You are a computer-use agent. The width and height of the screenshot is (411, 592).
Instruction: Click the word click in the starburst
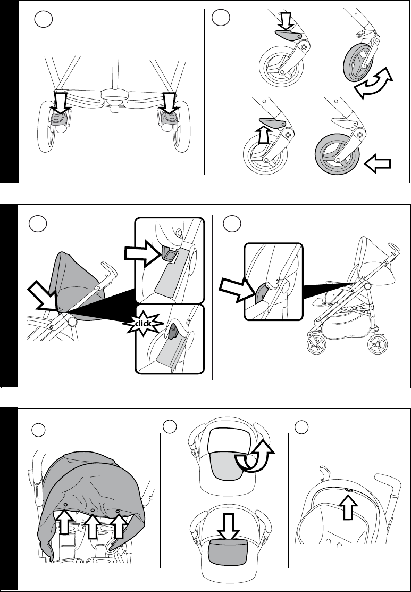(x=144, y=323)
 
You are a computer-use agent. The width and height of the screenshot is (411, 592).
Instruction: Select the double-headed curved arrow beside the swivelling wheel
(x=373, y=84)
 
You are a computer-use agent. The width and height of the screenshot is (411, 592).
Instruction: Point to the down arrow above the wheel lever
(x=286, y=22)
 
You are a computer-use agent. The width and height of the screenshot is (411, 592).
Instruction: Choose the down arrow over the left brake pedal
(x=61, y=102)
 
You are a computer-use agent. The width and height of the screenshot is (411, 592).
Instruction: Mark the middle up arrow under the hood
(x=93, y=522)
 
